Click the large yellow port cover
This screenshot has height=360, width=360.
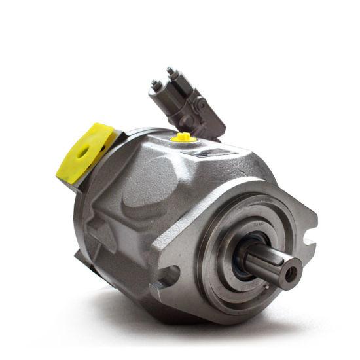pos(81,152)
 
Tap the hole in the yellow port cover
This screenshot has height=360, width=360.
pos(84,151)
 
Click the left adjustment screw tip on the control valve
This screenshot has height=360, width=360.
pos(156,84)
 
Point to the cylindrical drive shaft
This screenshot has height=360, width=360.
pos(268,262)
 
